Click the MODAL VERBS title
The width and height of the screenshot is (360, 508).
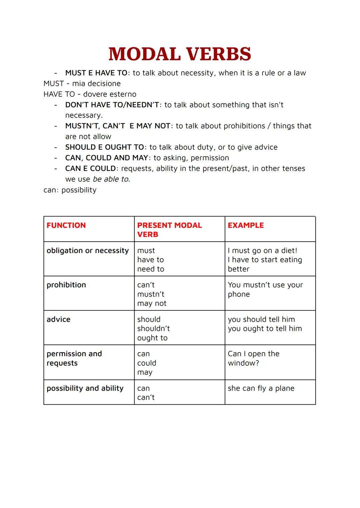180,54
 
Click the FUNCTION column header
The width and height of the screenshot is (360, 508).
66,226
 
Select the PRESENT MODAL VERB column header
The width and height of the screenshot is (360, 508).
169,230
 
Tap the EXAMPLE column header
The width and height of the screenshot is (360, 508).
246,226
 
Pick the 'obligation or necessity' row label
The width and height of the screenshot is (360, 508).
87,251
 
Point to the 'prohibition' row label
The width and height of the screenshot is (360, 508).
66,285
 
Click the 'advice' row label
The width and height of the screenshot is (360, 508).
58,319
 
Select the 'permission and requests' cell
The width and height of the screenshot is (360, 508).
74,358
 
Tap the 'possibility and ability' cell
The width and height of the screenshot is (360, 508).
85,388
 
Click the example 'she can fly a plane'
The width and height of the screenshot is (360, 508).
261,388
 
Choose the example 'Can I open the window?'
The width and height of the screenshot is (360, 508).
253,358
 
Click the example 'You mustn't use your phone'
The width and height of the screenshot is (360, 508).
265,289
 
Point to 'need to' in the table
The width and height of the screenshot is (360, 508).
151,269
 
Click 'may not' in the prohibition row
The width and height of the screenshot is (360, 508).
152,303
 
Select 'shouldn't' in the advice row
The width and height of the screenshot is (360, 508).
153,329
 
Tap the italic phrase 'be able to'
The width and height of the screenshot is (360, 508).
111,179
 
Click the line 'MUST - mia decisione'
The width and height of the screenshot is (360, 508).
82,84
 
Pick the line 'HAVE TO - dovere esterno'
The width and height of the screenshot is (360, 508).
90,94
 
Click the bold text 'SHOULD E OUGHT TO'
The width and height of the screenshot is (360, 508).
104,147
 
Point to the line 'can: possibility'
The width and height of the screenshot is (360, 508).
70,190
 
